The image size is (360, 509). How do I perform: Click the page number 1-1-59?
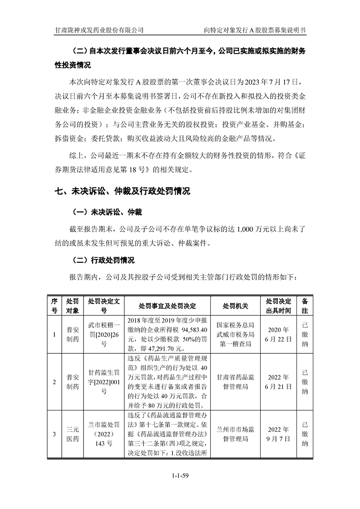[180, 475]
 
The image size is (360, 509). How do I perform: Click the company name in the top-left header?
[99, 30]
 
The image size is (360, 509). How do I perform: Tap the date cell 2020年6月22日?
[279, 335]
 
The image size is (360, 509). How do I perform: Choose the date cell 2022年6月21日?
[279, 382]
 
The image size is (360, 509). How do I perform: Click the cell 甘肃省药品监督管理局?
[236, 382]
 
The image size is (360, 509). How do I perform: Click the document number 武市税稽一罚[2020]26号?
[104, 335]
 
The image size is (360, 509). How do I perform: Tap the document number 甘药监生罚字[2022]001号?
[104, 382]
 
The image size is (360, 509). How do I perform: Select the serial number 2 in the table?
[54, 382]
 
